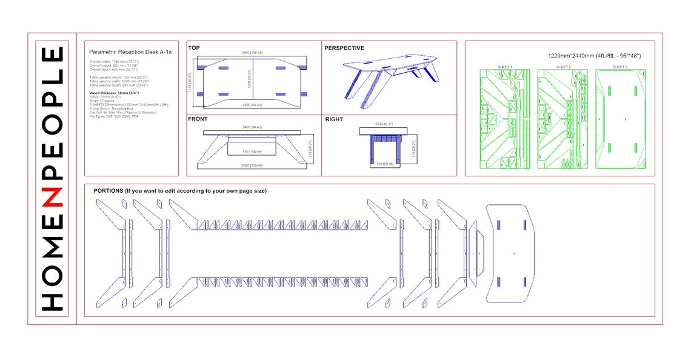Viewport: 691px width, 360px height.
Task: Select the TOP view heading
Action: tap(194, 48)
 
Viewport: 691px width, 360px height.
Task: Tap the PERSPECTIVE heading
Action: tap(344, 48)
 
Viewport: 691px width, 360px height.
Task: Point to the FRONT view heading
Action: tap(198, 119)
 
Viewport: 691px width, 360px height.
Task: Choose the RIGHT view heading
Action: tap(334, 120)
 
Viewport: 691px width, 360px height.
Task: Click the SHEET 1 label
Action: tap(505, 67)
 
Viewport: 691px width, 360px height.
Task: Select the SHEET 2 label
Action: tap(562, 67)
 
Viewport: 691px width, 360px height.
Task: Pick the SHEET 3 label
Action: tap(619, 67)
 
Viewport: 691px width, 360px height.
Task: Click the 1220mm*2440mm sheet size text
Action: tap(594, 56)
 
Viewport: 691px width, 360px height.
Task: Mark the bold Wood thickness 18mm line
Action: tap(115, 93)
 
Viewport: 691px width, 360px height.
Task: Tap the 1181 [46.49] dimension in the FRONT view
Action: tap(251, 151)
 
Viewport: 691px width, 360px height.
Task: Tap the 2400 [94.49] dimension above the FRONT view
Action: tap(252, 127)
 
